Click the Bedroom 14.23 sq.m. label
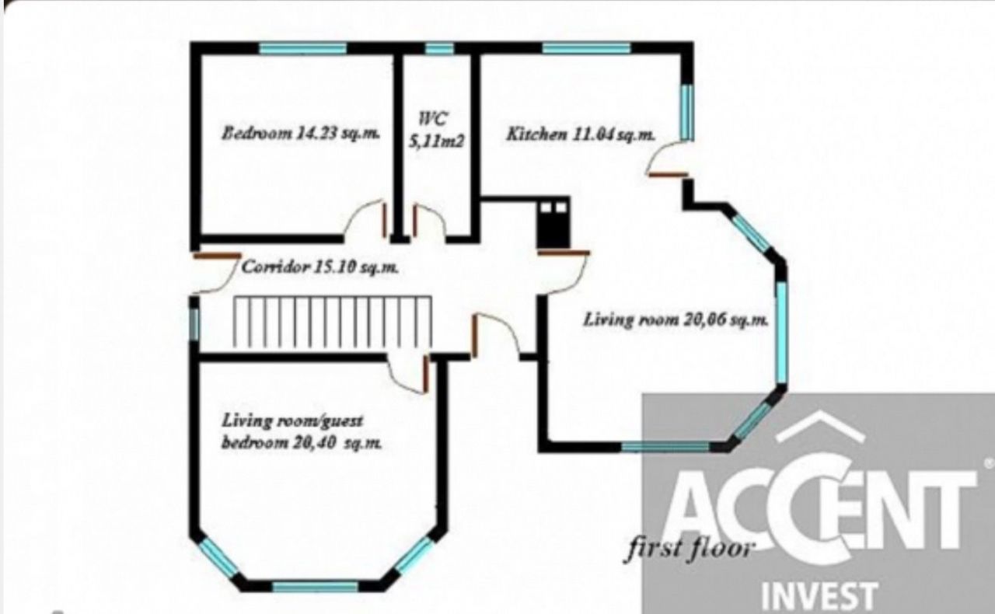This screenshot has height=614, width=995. (301, 133)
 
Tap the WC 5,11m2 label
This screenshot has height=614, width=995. (436, 130)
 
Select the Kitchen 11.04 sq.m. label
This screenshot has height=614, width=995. (581, 134)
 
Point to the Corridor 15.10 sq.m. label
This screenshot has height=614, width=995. (319, 267)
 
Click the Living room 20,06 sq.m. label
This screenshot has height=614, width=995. (676, 319)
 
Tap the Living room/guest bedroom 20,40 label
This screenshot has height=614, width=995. (302, 431)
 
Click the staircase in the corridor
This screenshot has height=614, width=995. (333, 322)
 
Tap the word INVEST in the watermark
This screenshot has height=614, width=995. (819, 596)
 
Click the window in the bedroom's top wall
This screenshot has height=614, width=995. (303, 48)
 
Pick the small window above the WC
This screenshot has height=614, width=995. (439, 48)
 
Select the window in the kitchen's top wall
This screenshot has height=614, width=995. (586, 48)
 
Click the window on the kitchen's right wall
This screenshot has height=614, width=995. (686, 113)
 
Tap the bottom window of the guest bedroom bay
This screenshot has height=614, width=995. (315, 587)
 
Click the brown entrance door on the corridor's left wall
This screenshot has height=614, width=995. (217, 256)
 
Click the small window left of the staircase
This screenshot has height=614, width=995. (194, 324)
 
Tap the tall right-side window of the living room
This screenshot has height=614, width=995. (781, 333)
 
